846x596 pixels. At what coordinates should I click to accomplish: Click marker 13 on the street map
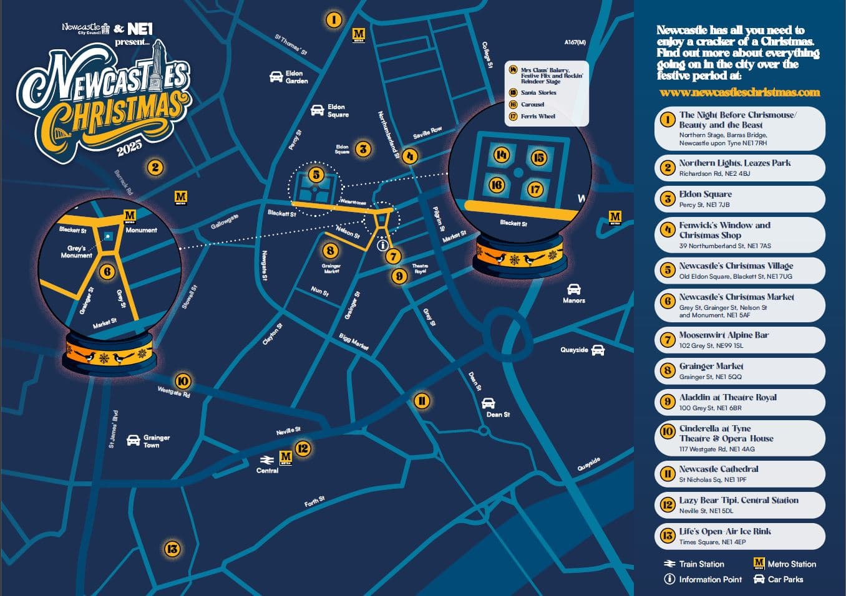(x=172, y=549)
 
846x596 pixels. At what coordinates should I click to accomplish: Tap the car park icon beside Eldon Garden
(x=276, y=77)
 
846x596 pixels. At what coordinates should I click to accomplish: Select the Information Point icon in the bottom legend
(x=669, y=579)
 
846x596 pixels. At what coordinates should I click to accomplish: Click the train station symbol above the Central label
(x=266, y=459)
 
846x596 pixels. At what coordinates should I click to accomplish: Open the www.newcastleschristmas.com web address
(x=739, y=92)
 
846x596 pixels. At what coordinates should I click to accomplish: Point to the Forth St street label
(x=314, y=501)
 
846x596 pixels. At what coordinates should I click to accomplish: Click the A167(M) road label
(x=575, y=42)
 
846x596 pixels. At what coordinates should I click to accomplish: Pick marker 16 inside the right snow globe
(x=497, y=185)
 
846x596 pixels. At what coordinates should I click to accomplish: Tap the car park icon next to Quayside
(x=598, y=350)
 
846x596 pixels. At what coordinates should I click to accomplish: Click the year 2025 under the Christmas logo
(x=129, y=148)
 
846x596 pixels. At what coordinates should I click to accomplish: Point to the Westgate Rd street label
(x=173, y=392)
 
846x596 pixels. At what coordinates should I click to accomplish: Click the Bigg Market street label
(x=354, y=342)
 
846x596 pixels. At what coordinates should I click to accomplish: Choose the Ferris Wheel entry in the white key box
(x=538, y=116)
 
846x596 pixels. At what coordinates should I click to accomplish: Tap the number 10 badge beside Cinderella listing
(x=668, y=431)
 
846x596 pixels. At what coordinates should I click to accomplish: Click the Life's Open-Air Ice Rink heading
(x=725, y=531)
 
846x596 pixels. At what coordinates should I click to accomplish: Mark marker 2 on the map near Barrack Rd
(x=155, y=167)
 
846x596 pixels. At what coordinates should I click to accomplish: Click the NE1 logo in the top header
(x=140, y=29)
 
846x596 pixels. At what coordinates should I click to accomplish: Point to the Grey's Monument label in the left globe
(x=76, y=252)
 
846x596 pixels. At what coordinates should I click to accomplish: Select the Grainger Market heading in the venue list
(x=711, y=366)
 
